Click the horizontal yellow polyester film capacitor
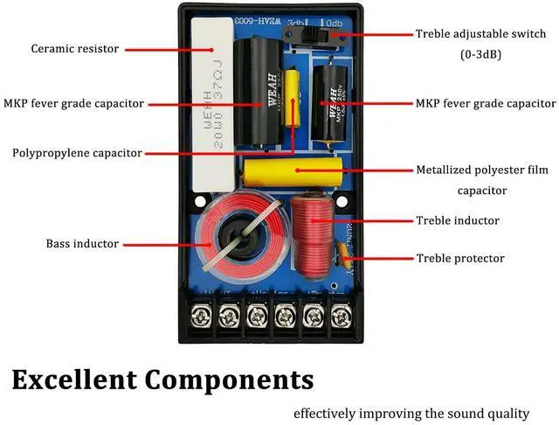[x=291, y=171]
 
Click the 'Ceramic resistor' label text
[x=74, y=49]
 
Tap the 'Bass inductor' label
[x=82, y=243]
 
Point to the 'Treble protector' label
[x=459, y=258]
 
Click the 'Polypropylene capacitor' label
[x=77, y=152]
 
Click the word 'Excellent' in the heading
[x=73, y=380]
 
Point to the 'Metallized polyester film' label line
[x=482, y=171]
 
